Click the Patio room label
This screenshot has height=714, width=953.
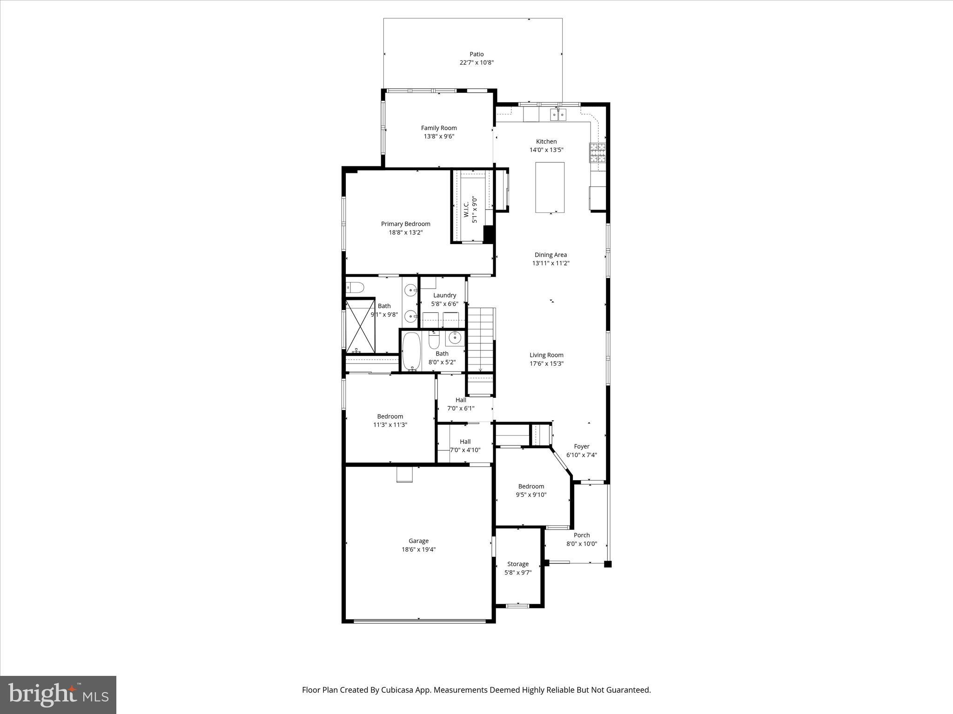pos(476,54)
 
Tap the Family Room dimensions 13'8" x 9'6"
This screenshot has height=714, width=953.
pos(438,136)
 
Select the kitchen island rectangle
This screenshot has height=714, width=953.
pos(550,187)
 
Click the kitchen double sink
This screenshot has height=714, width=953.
pos(558,114)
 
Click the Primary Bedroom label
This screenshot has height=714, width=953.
pos(405,224)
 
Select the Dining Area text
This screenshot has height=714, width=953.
pos(550,255)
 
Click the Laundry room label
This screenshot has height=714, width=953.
pos(444,295)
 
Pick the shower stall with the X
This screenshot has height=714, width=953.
pos(360,326)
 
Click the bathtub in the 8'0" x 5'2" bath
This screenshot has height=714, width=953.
pos(411,351)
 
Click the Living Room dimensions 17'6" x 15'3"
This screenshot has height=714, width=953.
pos(546,364)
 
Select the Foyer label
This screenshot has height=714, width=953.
pos(581,446)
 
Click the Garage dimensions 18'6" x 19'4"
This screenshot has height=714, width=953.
pos(418,549)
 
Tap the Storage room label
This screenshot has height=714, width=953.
pos(517,564)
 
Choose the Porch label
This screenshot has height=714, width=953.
pos(581,535)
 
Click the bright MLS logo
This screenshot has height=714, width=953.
pos(58,694)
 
